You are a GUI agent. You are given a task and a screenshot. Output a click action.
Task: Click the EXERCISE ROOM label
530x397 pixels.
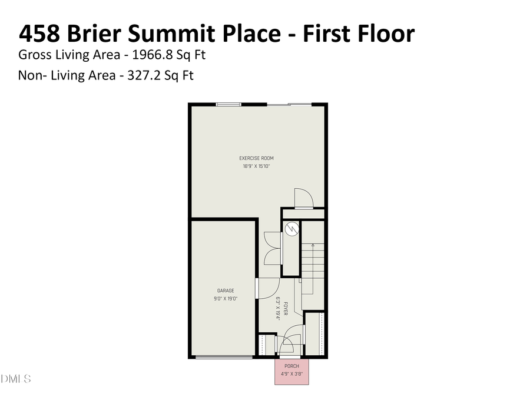(x=256, y=158)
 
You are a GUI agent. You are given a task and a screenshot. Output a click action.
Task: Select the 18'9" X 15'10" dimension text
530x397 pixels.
(x=256, y=166)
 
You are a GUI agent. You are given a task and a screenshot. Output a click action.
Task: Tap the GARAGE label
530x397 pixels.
(x=226, y=291)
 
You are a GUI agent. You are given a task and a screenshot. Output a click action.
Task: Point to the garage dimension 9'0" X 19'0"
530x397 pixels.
(x=226, y=298)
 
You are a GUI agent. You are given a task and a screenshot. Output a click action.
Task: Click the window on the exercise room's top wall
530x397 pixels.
(x=228, y=105)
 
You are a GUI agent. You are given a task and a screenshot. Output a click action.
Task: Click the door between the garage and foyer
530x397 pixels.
(x=266, y=288)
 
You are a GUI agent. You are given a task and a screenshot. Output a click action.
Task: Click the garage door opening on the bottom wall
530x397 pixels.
(x=224, y=356)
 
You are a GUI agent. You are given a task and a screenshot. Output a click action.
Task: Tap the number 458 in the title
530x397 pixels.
(x=39, y=34)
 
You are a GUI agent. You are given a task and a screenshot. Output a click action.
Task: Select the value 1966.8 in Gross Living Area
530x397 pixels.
(x=151, y=55)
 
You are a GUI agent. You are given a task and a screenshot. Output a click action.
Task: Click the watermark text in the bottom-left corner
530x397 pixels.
(x=15, y=378)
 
